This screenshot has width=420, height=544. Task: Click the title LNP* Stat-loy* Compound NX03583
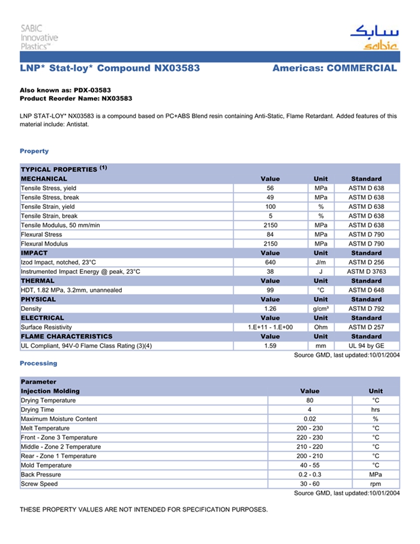coord(110,68)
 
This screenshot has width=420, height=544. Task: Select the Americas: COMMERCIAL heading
coord(334,68)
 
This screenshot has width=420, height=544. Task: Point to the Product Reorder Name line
coord(76,98)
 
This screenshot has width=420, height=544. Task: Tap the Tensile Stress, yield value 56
coord(270,188)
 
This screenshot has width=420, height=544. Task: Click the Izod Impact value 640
coord(270,262)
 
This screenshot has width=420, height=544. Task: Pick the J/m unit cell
coord(320,262)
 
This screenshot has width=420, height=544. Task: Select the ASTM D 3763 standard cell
coord(366,271)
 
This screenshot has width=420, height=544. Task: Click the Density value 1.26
coord(270,309)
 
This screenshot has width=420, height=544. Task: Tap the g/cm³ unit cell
coord(320,309)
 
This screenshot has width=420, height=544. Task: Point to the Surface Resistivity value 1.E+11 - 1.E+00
coord(270,327)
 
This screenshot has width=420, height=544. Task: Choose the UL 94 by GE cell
coord(366,346)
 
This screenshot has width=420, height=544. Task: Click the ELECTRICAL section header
coord(42,318)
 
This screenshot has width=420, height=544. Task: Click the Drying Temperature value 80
coord(310,400)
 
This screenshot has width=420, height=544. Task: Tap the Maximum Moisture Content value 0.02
coord(310,419)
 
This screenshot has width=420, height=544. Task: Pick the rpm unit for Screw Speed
coord(376,484)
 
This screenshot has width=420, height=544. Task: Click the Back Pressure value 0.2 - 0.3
coord(310,474)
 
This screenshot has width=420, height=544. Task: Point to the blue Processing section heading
coord(38,363)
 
